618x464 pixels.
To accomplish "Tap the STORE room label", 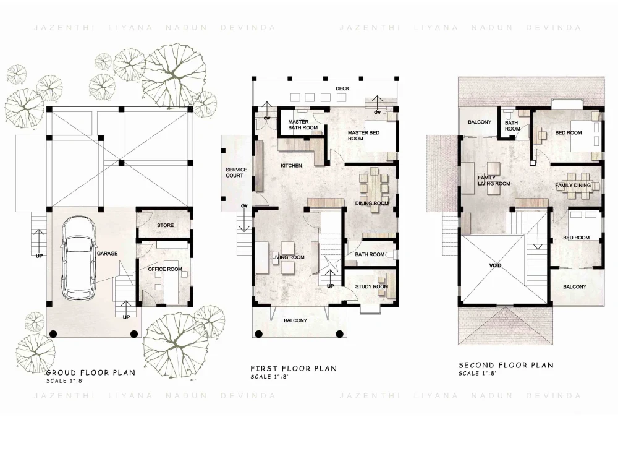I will pyautogui.click(x=165, y=226).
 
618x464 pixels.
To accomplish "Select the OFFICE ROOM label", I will pyautogui.click(x=165, y=269).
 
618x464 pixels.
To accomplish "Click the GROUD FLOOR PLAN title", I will pyautogui.click(x=90, y=373).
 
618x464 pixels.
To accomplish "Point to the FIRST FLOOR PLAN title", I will pyautogui.click(x=293, y=369).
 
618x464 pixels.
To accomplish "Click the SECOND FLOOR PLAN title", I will pyautogui.click(x=506, y=366).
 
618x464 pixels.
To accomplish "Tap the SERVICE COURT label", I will pyautogui.click(x=236, y=173).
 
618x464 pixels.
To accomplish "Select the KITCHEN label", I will pyautogui.click(x=291, y=166).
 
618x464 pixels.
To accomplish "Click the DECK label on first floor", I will pyautogui.click(x=342, y=89).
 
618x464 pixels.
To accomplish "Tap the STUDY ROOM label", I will pyautogui.click(x=371, y=287).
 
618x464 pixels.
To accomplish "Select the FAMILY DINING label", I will pyautogui.click(x=572, y=186).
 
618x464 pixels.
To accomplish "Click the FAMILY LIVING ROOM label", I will pyautogui.click(x=494, y=181).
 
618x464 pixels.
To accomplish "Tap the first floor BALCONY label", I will pyautogui.click(x=295, y=320).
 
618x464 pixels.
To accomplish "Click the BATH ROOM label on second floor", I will pyautogui.click(x=512, y=126).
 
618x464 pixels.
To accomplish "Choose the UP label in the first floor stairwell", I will pyautogui.click(x=330, y=286).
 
